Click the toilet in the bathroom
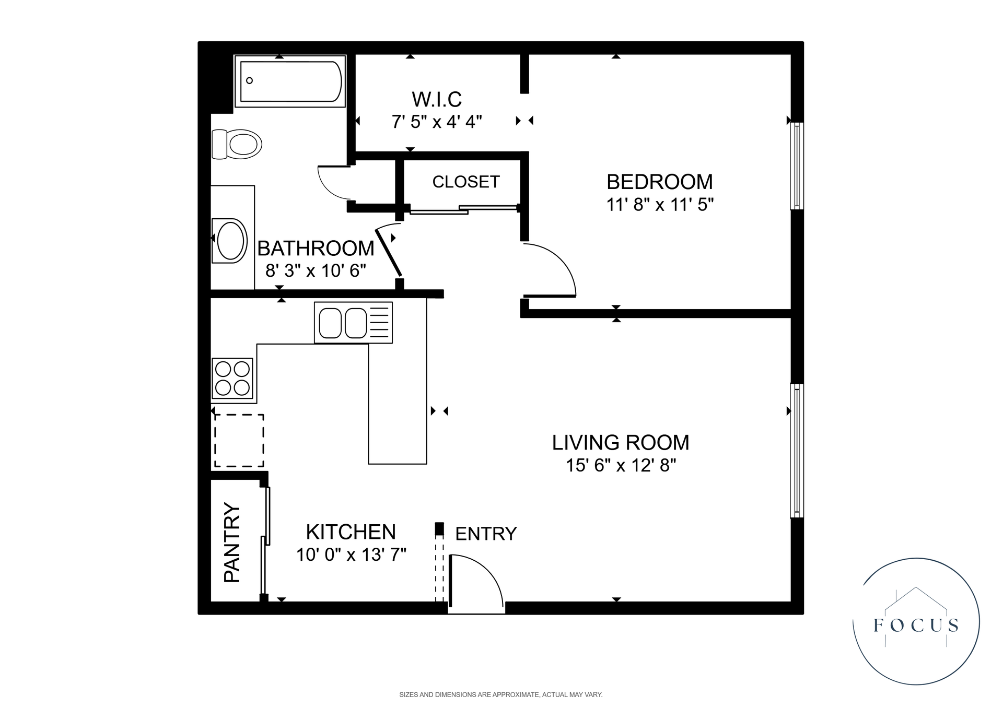tap(238, 144)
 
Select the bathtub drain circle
tap(250, 80)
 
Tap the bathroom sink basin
tap(231, 241)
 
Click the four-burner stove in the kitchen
tap(232, 378)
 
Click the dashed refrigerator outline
tap(239, 440)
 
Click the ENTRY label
tap(486, 534)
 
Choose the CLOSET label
tap(466, 182)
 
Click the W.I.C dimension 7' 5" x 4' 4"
tap(437, 122)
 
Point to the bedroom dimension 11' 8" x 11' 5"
tap(660, 205)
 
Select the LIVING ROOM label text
tap(621, 443)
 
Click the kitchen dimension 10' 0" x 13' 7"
tap(351, 554)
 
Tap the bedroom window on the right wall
tap(797, 166)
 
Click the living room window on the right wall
tap(797, 451)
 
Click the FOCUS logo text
tap(916, 625)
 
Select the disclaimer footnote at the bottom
tap(500, 695)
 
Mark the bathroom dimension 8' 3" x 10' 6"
tap(316, 271)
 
